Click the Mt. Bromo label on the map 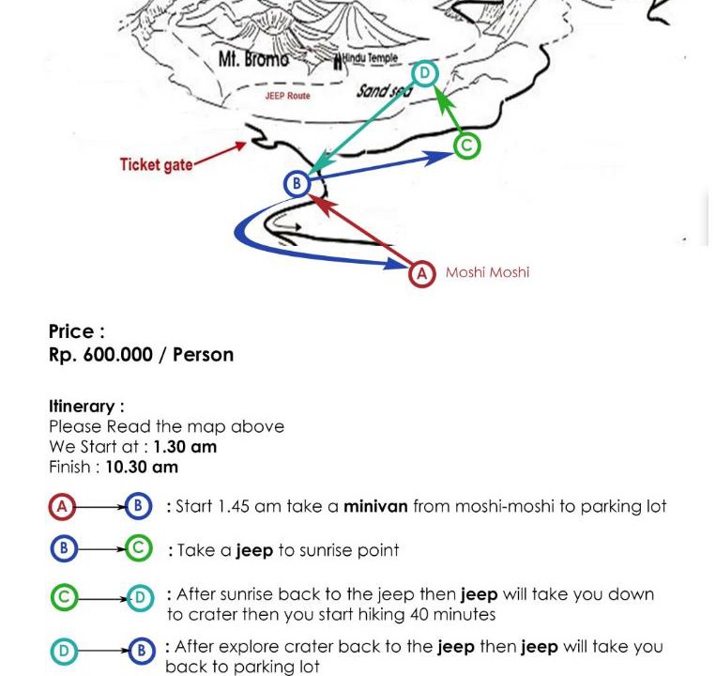click(x=253, y=59)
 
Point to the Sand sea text click(x=384, y=91)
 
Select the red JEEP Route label click(x=287, y=96)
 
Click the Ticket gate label click(x=156, y=165)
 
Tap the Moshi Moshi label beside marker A click(x=487, y=272)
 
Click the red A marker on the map click(x=422, y=273)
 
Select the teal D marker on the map click(x=425, y=73)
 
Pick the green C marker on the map click(x=466, y=146)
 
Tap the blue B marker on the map click(x=297, y=184)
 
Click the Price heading click(x=76, y=331)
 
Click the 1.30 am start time click(x=185, y=447)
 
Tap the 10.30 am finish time click(x=141, y=467)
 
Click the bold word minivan click(x=375, y=507)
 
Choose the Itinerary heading click(x=86, y=407)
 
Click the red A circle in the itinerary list click(x=62, y=507)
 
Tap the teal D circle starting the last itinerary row click(x=62, y=650)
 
